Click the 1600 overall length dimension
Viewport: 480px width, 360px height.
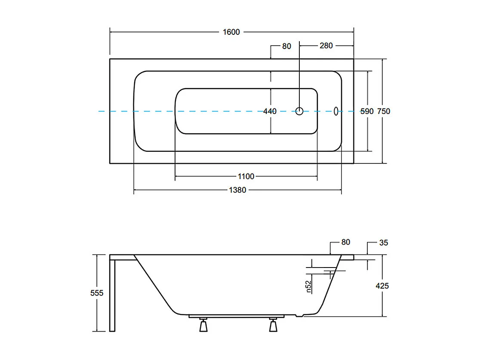point(231,32)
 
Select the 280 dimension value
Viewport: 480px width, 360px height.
point(326,46)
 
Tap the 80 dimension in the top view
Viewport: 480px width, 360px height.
point(287,46)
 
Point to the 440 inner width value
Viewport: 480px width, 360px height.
point(270,111)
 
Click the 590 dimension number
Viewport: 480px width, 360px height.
point(366,111)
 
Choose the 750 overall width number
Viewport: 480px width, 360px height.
point(383,111)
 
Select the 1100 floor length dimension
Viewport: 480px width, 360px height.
point(246,176)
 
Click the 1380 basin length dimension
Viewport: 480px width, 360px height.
point(237,190)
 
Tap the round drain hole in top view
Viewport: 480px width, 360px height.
point(299,111)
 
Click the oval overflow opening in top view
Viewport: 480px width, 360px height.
point(336,111)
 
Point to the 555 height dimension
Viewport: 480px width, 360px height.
point(97,293)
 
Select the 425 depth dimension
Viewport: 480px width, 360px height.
point(382,286)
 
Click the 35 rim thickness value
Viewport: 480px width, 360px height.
point(384,243)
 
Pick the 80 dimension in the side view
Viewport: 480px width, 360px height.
point(345,242)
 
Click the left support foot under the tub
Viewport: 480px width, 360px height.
point(203,326)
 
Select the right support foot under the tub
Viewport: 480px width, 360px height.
point(273,326)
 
